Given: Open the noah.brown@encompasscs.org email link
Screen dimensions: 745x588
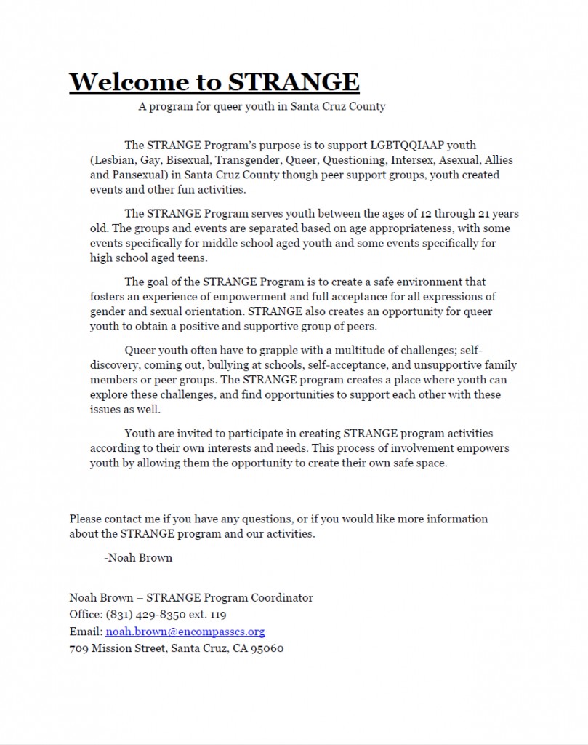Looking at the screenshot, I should point(185,632).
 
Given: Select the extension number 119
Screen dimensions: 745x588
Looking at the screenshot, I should point(217,615).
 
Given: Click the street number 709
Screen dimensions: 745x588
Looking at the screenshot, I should point(78,648).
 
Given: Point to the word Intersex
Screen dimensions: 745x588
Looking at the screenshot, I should point(411,160).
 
